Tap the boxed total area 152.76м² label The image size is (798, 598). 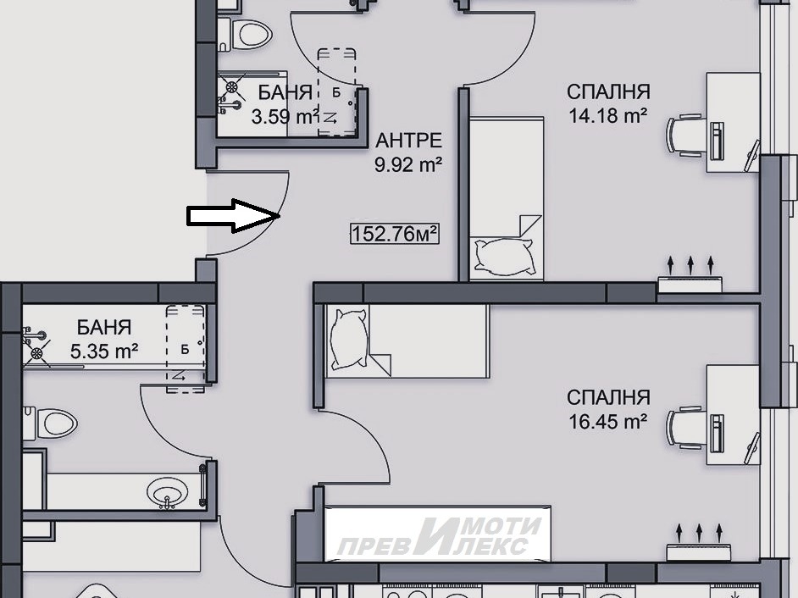click(395, 234)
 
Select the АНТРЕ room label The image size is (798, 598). click(408, 141)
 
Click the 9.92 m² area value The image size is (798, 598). click(408, 165)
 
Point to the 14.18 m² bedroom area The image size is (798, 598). click(607, 116)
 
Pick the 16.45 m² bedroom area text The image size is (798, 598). click(607, 422)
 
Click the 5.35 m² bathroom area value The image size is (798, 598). click(104, 352)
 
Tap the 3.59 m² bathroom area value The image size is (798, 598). click(285, 117)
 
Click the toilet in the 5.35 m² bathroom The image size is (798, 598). click(51, 423)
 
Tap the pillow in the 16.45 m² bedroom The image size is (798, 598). click(349, 339)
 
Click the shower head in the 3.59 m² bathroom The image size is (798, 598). click(231, 87)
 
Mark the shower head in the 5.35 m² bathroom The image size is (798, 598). click(36, 352)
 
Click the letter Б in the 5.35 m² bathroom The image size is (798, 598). click(185, 349)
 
